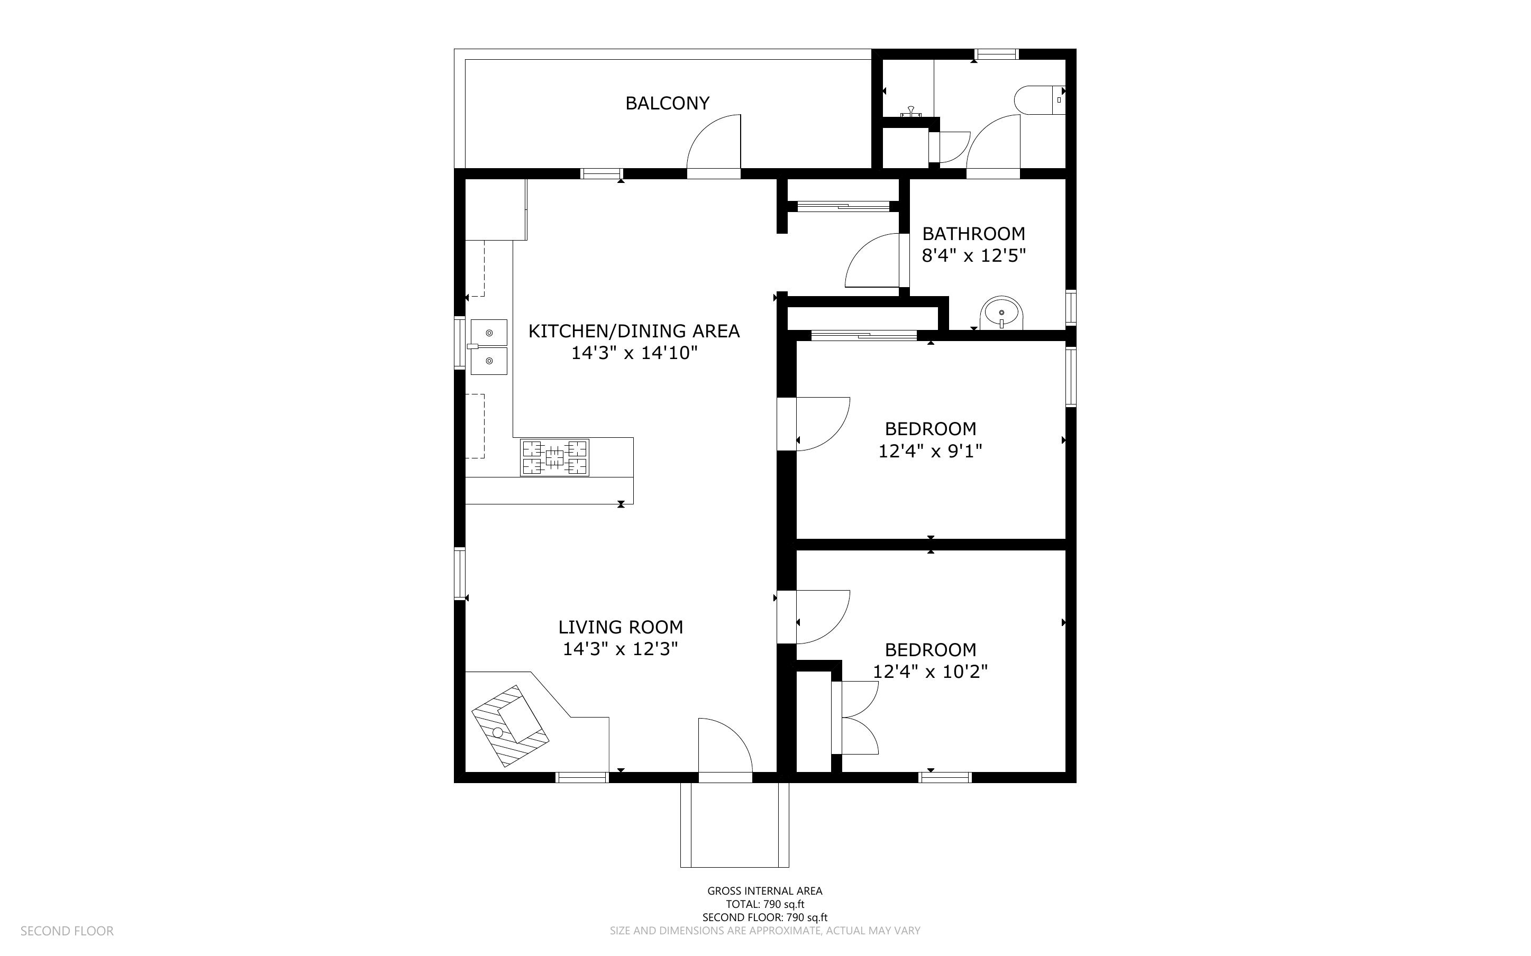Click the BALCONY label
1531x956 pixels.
(667, 103)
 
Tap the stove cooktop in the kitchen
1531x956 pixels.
(554, 457)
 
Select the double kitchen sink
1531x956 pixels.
(489, 347)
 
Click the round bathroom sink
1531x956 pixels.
(1001, 313)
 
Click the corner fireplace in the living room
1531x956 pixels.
(509, 726)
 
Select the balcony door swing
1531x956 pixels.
(715, 143)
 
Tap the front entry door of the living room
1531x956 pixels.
(725, 747)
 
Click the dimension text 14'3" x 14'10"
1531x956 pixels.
(634, 353)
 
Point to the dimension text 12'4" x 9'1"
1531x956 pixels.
(930, 452)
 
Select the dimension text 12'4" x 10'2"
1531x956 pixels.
(930, 672)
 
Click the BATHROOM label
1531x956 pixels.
(973, 234)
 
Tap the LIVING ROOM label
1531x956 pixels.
(621, 627)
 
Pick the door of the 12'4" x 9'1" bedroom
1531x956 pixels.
(822, 424)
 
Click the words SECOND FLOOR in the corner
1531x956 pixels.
(67, 931)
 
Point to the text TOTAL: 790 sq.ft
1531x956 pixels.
(764, 904)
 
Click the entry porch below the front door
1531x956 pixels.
(735, 825)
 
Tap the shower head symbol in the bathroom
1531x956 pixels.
(912, 113)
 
